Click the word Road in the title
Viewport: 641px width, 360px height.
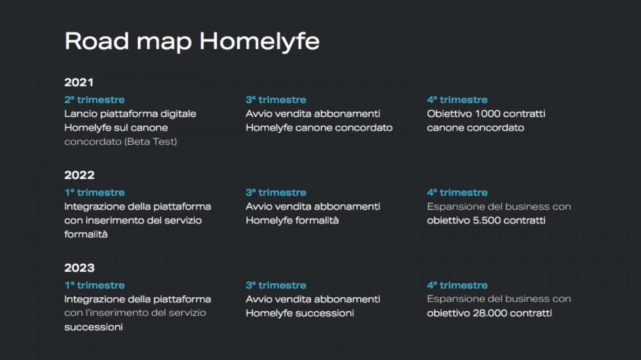tap(97, 41)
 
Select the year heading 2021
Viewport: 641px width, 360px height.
tap(79, 83)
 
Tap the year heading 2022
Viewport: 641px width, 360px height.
tap(79, 176)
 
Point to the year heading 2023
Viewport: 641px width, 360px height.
tap(79, 268)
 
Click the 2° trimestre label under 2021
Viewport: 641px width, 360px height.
tap(94, 100)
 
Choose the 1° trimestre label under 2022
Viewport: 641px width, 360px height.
tap(94, 192)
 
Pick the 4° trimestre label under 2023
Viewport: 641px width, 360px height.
tap(457, 285)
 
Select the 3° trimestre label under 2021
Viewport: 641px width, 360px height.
tap(276, 100)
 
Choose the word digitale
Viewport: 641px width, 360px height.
tap(178, 114)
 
